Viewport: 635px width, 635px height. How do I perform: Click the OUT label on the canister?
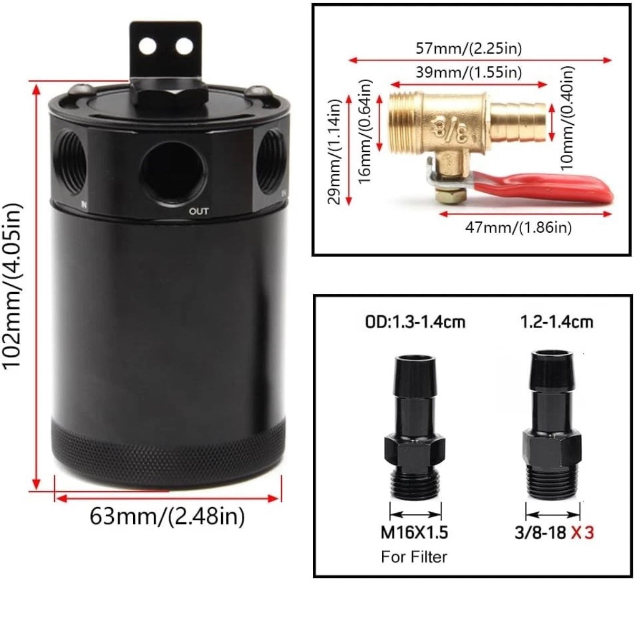click(199, 211)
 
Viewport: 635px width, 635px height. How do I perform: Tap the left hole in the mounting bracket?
click(147, 46)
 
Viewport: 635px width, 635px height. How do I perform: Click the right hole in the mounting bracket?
click(184, 46)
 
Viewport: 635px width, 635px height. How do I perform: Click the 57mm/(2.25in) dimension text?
click(469, 49)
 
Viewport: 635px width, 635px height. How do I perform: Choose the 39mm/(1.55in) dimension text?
click(469, 73)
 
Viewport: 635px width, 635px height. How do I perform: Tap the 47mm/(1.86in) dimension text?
click(518, 227)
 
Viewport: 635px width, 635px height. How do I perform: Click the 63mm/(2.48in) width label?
click(167, 517)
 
